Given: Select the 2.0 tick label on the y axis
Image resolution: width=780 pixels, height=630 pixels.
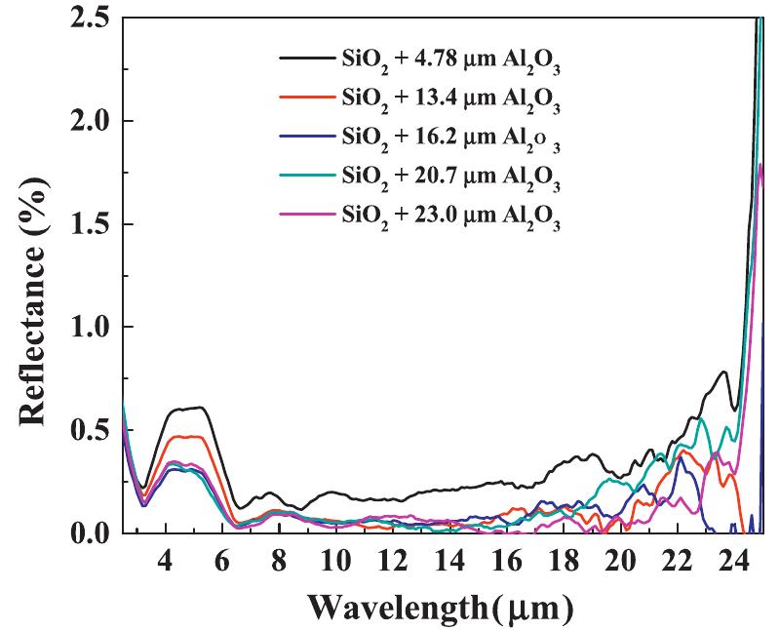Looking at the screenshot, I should [x=87, y=121].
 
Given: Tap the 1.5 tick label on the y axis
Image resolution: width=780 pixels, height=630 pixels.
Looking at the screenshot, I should [x=87, y=224].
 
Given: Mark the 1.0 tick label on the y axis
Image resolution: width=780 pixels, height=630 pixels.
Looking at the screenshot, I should [x=87, y=328].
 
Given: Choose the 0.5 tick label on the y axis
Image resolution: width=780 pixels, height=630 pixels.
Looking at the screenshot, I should [x=87, y=431].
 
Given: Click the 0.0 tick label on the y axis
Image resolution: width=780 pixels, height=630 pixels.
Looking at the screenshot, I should [x=87, y=533].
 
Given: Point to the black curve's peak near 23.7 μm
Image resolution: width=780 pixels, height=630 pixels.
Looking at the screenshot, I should [x=722, y=372].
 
